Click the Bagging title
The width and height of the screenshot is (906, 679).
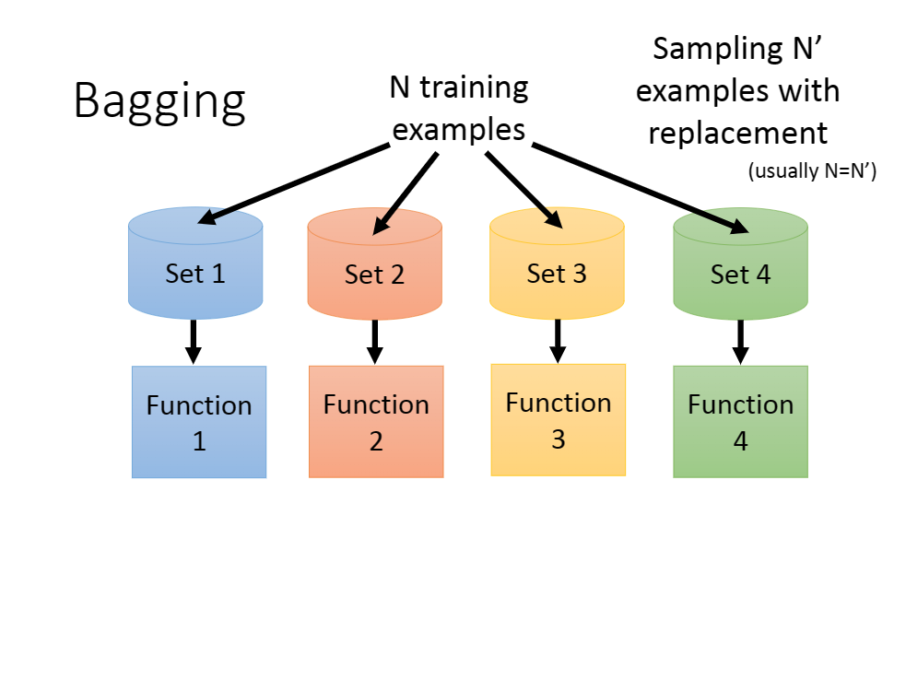pyautogui.click(x=159, y=101)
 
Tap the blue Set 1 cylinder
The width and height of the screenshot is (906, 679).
pyautogui.click(x=195, y=263)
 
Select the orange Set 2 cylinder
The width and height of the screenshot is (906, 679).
pyautogui.click(x=374, y=263)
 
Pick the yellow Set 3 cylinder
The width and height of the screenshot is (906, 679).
pyautogui.click(x=557, y=263)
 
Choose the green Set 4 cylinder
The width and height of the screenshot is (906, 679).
pyautogui.click(x=740, y=263)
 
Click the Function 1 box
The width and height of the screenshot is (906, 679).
pyautogui.click(x=199, y=422)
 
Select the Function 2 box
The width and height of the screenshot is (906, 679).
pyautogui.click(x=376, y=421)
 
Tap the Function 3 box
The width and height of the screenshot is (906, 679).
pyautogui.click(x=559, y=420)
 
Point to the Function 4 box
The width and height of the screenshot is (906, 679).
pyautogui.click(x=741, y=421)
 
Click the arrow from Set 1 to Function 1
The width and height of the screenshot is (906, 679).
pyautogui.click(x=194, y=342)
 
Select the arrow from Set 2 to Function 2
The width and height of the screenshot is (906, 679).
pyautogui.click(x=375, y=342)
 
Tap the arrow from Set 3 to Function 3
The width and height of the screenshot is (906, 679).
pyautogui.click(x=558, y=341)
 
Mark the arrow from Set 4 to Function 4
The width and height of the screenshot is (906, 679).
pyautogui.click(x=741, y=342)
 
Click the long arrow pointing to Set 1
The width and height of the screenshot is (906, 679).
pyautogui.click(x=293, y=184)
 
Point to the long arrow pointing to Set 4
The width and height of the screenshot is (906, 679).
pyautogui.click(x=641, y=189)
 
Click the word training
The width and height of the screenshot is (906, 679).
pyautogui.click(x=474, y=89)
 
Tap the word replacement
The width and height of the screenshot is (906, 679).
pyautogui.click(x=738, y=134)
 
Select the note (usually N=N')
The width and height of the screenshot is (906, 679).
pyautogui.click(x=812, y=171)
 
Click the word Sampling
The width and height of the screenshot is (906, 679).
pyautogui.click(x=718, y=50)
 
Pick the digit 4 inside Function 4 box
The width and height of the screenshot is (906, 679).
pyautogui.click(x=741, y=441)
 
